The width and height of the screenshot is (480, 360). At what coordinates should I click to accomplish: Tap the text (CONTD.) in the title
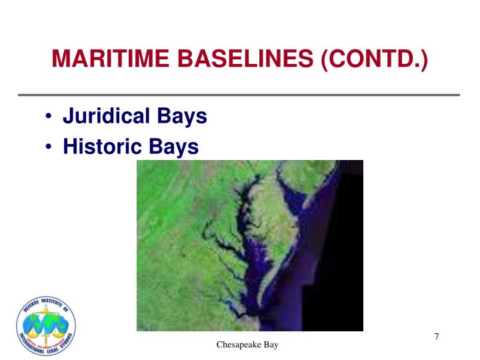pos(374,62)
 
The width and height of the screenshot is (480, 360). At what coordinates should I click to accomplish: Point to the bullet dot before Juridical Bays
pos(51,117)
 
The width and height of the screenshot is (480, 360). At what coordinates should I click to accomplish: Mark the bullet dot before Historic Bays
pos(51,147)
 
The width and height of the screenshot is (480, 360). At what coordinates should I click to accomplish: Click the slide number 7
pos(437,337)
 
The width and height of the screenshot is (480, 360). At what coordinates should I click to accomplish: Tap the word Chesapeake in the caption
pos(237,345)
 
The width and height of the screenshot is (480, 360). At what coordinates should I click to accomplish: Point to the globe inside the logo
pos(45,325)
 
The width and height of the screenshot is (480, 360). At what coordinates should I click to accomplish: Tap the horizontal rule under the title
pos(240,95)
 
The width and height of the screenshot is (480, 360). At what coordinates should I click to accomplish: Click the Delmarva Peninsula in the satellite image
pos(280,227)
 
